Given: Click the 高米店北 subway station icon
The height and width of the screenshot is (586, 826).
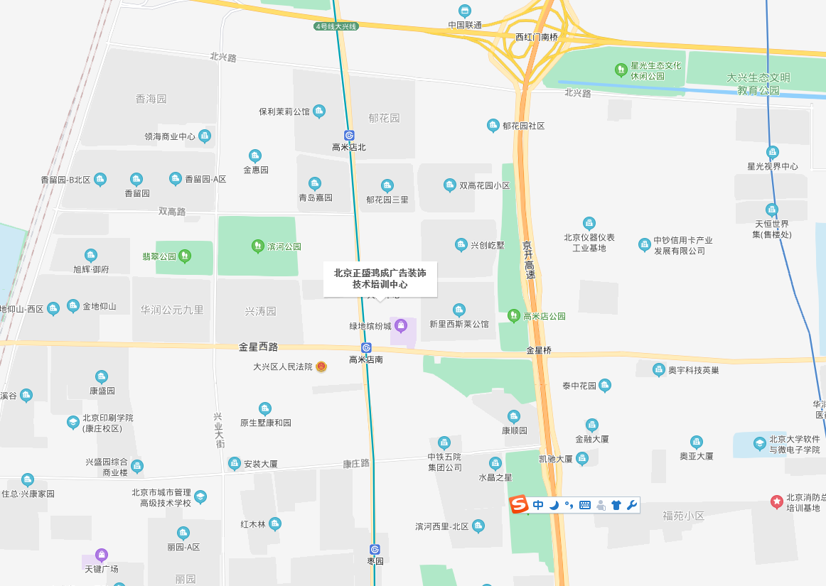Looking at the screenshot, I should [x=349, y=135].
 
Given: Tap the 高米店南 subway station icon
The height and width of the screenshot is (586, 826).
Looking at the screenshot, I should [x=366, y=347].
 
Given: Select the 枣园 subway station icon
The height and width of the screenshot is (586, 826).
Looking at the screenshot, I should [x=375, y=549].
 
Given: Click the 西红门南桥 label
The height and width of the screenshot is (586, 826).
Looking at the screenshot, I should [x=537, y=37].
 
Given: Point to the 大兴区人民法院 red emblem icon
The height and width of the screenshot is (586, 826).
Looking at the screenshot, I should [x=321, y=367].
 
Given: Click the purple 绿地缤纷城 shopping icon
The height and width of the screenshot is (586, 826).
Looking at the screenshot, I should [x=401, y=326].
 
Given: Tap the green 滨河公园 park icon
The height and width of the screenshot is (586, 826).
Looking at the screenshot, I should [x=257, y=246].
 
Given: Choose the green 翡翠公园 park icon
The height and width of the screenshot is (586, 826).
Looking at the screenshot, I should [x=185, y=256].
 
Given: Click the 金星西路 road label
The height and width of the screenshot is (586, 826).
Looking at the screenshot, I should [x=258, y=347].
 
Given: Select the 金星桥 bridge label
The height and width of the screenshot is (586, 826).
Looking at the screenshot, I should [x=539, y=350].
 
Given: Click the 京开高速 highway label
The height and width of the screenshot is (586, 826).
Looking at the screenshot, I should [x=527, y=259].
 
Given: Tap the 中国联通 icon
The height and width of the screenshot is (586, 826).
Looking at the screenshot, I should [x=465, y=11].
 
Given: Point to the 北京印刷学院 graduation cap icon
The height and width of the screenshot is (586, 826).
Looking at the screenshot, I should [x=73, y=423].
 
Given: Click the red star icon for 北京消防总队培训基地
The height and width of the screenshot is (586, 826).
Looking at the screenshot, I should [x=776, y=501].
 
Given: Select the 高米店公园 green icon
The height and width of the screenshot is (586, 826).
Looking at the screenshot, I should [x=514, y=315].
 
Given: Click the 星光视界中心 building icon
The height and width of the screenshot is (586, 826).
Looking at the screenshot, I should [x=772, y=152].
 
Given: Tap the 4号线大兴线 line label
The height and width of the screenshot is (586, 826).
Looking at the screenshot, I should [x=337, y=26].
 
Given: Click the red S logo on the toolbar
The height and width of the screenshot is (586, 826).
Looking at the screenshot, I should [x=520, y=505].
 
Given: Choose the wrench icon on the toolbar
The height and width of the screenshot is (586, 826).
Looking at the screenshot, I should [x=631, y=505].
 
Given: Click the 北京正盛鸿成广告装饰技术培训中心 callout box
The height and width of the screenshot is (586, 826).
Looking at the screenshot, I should [x=380, y=278].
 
